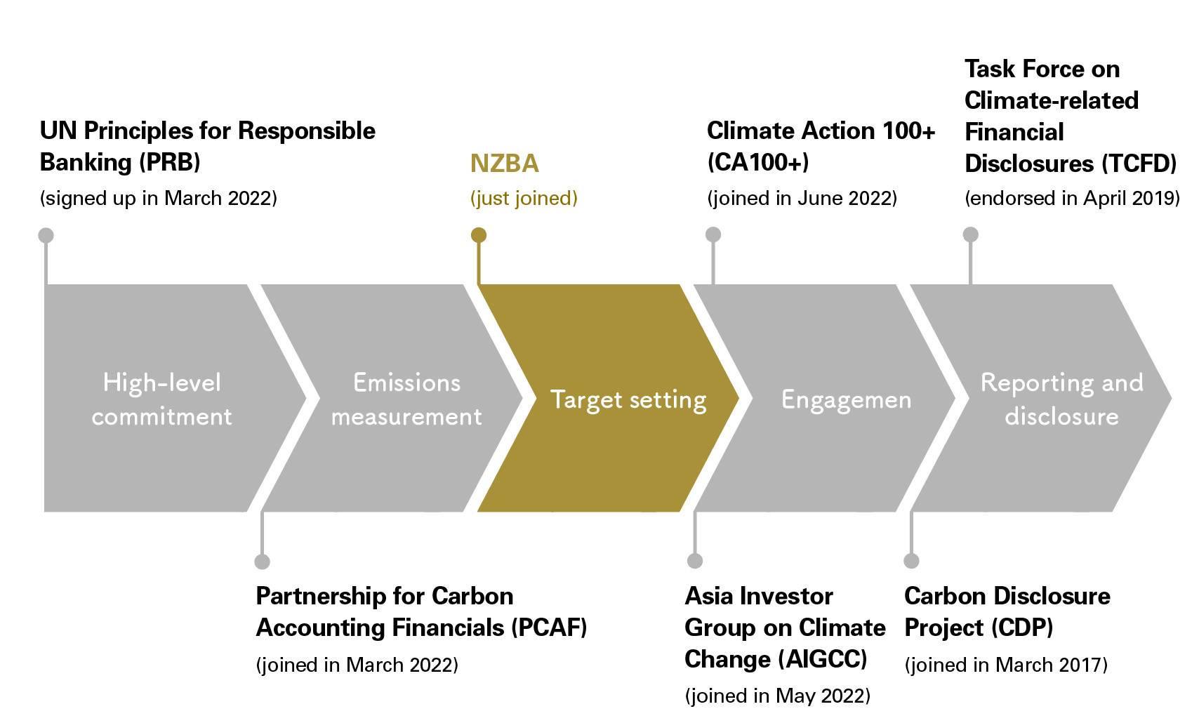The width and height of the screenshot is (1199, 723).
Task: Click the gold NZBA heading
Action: coord(504,164)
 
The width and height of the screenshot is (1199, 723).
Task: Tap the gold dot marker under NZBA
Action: coord(479,235)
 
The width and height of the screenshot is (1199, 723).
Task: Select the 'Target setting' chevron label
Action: coord(628,399)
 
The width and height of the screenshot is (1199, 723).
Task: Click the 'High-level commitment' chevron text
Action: coord(161,399)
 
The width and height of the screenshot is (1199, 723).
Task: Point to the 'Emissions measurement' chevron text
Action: coord(406,399)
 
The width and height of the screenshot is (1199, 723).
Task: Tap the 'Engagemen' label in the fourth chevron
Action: coord(846,399)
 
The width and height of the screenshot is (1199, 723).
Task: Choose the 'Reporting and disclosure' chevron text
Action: coord(1061,399)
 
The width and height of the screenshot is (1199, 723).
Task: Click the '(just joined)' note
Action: coord(524,199)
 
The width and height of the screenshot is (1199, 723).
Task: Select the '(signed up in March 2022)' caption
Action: coord(159,199)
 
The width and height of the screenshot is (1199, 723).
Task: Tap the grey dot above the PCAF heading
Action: coord(262,562)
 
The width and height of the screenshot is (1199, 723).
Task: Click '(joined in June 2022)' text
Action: coord(802,199)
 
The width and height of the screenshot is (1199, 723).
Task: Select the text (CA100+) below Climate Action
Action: coord(757,163)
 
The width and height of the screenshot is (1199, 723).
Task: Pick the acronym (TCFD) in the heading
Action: coord(1139,164)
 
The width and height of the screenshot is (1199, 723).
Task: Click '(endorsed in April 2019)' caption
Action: coord(1072,199)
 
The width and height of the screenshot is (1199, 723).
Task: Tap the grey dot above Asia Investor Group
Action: coord(695,561)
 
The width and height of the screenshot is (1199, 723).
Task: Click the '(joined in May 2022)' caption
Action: coord(778,696)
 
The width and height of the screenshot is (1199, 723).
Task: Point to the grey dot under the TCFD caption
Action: coord(971,234)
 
